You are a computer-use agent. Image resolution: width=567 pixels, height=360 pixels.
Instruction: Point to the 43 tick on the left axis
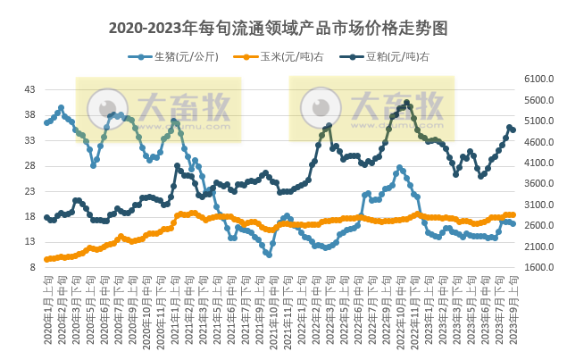pos(29,90)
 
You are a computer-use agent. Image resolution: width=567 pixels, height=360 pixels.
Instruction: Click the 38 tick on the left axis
pos(29,115)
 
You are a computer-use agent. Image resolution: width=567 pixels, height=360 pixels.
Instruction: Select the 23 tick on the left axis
pos(29,191)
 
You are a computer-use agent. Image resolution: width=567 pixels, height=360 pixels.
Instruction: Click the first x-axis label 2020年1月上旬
pos(47,308)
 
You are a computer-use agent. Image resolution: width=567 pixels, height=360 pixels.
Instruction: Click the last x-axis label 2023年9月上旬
pos(512,308)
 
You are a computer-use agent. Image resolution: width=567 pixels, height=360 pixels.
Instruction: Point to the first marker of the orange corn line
pos(46,259)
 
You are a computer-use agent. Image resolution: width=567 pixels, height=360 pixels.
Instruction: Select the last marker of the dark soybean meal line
pos(513,130)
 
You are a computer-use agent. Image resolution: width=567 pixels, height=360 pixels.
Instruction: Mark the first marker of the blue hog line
pos(46,122)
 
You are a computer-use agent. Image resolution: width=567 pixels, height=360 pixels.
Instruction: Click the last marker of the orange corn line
pos(513,214)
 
